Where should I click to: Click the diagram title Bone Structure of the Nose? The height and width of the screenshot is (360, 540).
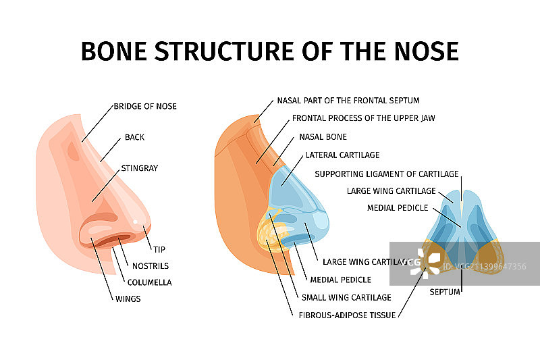point(270,51)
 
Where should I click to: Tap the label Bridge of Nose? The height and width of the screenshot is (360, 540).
point(145,106)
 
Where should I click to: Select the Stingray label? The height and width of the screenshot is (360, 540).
point(139,168)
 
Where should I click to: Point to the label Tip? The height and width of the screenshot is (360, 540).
point(159,249)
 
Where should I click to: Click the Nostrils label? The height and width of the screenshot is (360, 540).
point(151,265)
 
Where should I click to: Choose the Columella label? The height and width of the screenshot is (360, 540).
point(149,282)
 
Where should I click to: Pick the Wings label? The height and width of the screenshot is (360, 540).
point(127,299)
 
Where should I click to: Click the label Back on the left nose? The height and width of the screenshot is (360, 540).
point(134,137)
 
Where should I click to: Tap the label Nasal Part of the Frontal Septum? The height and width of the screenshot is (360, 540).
point(348,101)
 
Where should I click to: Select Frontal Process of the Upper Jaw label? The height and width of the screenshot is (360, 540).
point(363,118)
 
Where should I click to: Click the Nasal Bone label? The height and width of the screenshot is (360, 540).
point(323,136)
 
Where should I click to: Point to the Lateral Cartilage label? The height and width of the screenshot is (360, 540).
point(342,155)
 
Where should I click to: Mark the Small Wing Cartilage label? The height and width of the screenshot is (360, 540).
point(346,297)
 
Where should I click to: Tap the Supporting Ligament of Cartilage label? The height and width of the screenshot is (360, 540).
point(387,174)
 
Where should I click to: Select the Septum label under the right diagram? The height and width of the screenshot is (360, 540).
point(445,292)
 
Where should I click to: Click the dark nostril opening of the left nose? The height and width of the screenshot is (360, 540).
point(108,240)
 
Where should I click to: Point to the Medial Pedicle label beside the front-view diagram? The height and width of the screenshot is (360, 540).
point(395,207)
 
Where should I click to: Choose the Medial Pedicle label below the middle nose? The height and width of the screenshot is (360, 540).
point(340,280)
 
